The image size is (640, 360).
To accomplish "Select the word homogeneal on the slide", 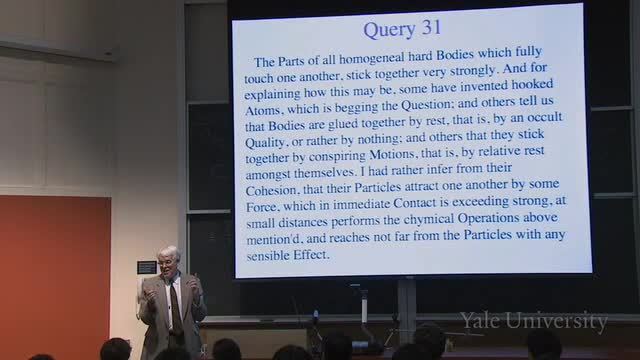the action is [x=372, y=58].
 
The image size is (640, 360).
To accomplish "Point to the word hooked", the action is [x=532, y=84].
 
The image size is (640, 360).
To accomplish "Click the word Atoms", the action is [x=263, y=110].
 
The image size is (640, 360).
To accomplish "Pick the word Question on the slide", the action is [x=427, y=105].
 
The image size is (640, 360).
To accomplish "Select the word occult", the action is [x=544, y=117].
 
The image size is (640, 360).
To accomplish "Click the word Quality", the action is [x=265, y=142].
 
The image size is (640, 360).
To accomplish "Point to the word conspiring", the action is [x=337, y=157].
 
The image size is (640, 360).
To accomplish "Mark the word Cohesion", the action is [x=272, y=190].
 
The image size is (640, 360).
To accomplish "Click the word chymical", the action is [x=429, y=219].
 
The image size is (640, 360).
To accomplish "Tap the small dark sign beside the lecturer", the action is [x=147, y=267].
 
